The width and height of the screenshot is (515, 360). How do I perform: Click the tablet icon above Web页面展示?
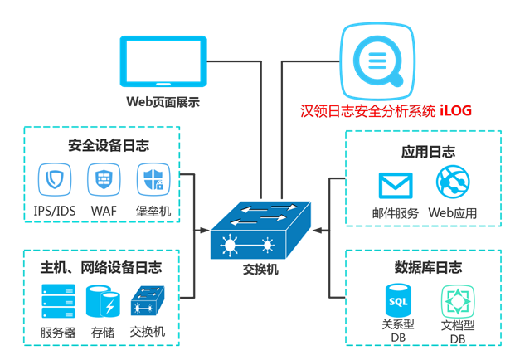tap(163, 61)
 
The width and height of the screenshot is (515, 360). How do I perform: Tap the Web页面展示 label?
tap(163, 102)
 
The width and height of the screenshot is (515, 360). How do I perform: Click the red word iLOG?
tap(458, 110)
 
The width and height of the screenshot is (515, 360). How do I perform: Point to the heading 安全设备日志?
tap(109, 146)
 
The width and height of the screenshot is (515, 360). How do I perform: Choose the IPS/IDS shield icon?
tap(55, 178)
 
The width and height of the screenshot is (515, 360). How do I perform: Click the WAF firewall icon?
tap(104, 178)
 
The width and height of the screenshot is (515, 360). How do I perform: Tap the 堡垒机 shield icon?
tap(153, 178)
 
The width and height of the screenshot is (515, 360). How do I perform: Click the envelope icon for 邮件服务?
tap(396, 183)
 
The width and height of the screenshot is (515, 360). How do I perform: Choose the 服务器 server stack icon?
tap(58, 302)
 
